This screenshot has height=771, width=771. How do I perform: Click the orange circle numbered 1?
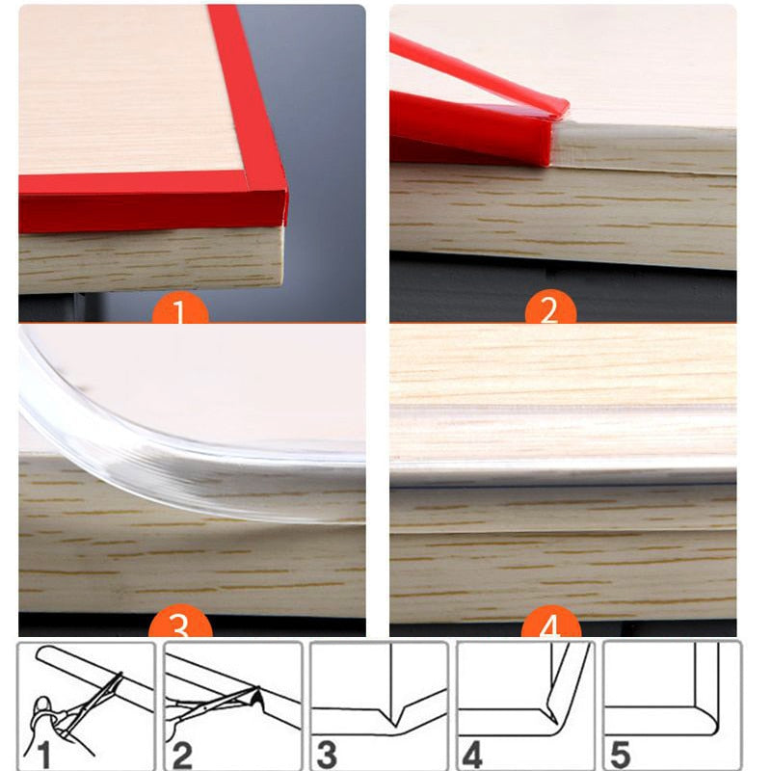click(181, 310)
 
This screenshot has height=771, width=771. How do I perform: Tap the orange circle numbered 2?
click(549, 310)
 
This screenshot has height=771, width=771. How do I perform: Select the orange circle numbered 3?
click(181, 626)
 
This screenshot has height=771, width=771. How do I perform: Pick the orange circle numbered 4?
click(549, 626)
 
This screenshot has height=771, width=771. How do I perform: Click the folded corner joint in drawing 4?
click(549, 711)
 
